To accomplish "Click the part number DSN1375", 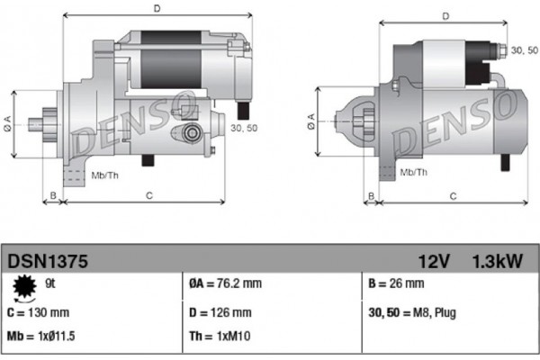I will coord(47,261).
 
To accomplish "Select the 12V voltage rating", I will coord(433,261).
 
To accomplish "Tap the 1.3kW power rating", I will coord(497,261).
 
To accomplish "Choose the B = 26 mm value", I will coord(396,285).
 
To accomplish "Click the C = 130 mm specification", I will coord(39,313).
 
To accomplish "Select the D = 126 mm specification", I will coord(221,313).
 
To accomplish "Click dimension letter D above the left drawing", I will coord(157,9).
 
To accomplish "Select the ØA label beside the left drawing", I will coord(7,121).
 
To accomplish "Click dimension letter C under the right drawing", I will coord(453,195).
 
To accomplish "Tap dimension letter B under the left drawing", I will coord(53,195).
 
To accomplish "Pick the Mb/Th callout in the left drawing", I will coord(104,174).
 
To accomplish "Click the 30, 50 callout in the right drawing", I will coord(525,50).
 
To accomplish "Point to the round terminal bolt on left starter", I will coord(190,133).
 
